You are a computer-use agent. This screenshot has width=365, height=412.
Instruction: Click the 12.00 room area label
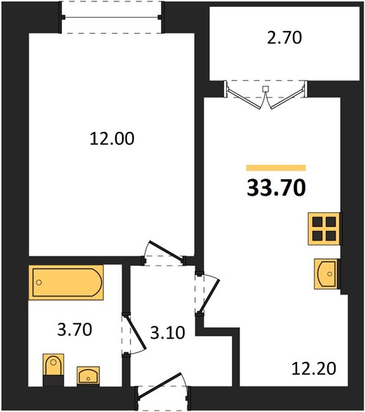click(x=112, y=139)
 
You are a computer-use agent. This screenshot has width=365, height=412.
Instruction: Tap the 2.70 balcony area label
click(x=285, y=38)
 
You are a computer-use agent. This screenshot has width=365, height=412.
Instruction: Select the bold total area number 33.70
click(x=276, y=187)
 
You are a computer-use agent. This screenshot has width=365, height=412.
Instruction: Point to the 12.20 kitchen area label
click(x=314, y=368)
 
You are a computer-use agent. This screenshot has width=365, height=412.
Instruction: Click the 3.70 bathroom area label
click(x=75, y=330)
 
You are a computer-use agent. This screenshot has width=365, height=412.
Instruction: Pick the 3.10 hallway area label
click(x=167, y=332)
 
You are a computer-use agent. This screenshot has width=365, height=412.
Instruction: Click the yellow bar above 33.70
click(x=276, y=168)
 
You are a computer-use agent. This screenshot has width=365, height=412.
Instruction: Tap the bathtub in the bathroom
click(x=66, y=282)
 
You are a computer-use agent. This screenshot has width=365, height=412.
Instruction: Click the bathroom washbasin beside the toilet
click(x=89, y=376)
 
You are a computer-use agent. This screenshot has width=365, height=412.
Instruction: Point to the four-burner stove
click(x=325, y=229)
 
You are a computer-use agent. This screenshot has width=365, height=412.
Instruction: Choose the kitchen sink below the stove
click(x=326, y=274)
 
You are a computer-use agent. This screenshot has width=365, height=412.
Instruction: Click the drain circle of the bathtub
click(x=39, y=282)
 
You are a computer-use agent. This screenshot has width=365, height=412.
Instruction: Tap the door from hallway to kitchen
click(x=207, y=293)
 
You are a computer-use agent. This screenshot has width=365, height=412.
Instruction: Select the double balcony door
click(x=266, y=95)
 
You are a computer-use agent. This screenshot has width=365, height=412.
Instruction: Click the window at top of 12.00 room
click(x=112, y=17)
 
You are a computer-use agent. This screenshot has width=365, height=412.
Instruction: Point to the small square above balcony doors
click(x=266, y=89)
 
